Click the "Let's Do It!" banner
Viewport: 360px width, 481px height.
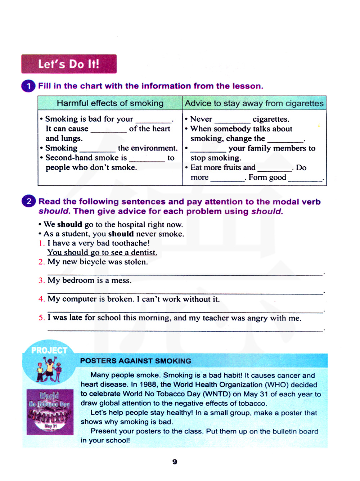point(69,64)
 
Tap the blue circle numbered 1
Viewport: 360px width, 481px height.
point(28,86)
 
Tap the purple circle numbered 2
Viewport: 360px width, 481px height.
point(29,201)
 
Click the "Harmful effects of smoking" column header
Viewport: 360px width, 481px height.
point(110,103)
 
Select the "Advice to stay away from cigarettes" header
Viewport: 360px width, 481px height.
point(254,103)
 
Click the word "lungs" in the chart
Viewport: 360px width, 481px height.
point(72,139)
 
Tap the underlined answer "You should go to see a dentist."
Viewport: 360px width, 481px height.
point(102,252)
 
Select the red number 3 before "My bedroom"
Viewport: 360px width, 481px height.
point(41,280)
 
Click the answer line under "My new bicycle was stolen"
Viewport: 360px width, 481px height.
point(185,275)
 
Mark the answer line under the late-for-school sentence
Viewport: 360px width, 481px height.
point(185,330)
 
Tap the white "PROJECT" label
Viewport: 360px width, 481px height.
point(49,350)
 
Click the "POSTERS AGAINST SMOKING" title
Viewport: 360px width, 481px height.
point(136,361)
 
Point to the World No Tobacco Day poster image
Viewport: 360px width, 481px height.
point(50,412)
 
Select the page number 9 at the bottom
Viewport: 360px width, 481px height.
point(175,462)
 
